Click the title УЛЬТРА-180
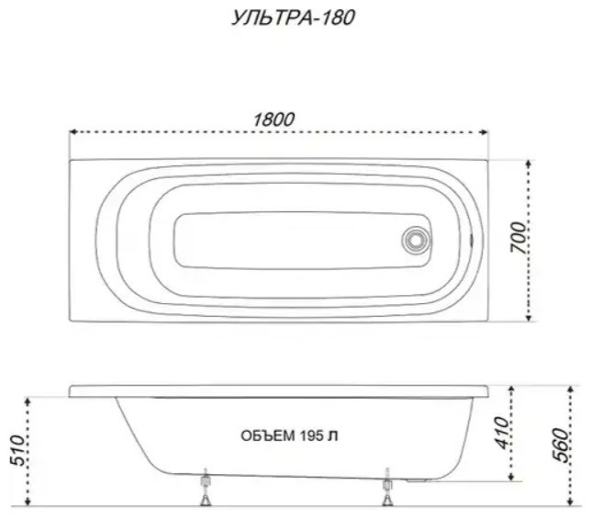[x=293, y=17]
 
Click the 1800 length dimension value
[x=274, y=119]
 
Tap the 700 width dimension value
[x=518, y=237]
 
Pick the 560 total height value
[x=560, y=446]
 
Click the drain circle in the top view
[x=416, y=241]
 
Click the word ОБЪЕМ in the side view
[x=268, y=436]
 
